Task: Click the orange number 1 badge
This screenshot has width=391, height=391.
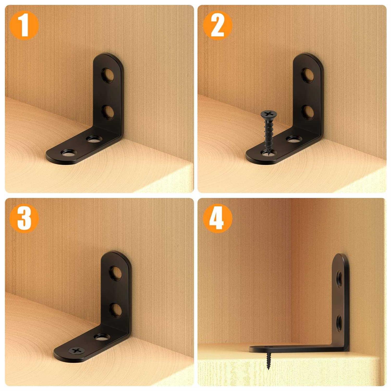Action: pyautogui.click(x=24, y=26)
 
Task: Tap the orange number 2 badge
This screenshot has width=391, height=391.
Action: pyautogui.click(x=217, y=26)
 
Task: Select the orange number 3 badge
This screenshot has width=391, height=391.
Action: pyautogui.click(x=24, y=218)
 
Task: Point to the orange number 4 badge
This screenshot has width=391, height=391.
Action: pyautogui.click(x=217, y=218)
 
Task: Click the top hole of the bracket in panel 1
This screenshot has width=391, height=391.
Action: pyautogui.click(x=108, y=75)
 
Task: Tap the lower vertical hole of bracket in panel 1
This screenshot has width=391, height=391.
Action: pyautogui.click(x=108, y=112)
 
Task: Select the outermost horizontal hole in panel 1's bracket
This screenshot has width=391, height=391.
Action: pyautogui.click(x=67, y=153)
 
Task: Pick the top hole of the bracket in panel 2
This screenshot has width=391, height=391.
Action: pyautogui.click(x=308, y=75)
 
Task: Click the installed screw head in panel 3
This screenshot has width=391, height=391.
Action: pyautogui.click(x=75, y=351)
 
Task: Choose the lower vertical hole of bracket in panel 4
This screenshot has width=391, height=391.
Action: pyautogui.click(x=339, y=322)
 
